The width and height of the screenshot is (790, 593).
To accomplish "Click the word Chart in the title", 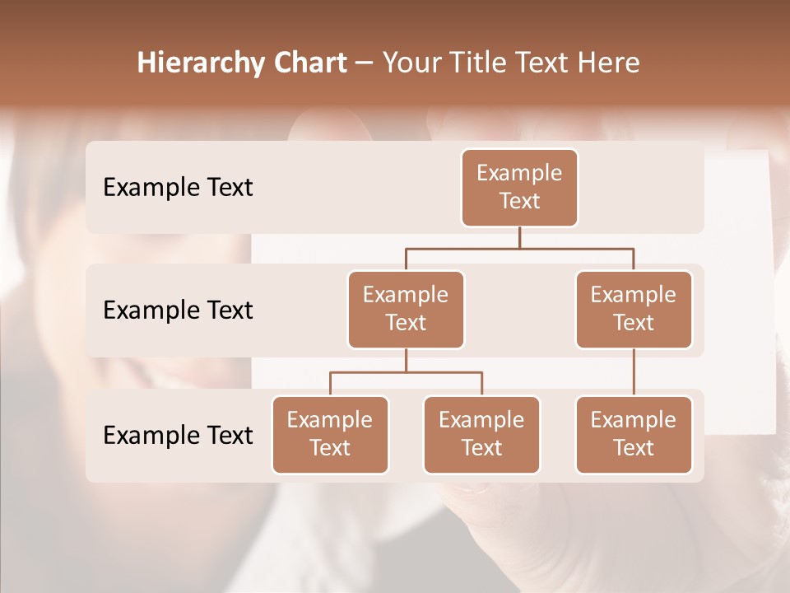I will (x=307, y=63).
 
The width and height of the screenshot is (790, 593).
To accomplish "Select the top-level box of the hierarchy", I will (x=519, y=187).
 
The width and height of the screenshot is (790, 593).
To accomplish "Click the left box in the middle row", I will (x=406, y=309).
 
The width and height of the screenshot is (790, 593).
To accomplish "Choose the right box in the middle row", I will (x=634, y=309).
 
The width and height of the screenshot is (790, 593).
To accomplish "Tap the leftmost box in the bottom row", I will (x=330, y=434).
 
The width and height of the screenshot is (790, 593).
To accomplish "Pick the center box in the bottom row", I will (x=481, y=434).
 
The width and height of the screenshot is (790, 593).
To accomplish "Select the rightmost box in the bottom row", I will (x=634, y=434).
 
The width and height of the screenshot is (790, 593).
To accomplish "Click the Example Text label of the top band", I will (x=178, y=188).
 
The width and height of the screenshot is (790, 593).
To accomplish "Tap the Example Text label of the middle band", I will (x=178, y=311).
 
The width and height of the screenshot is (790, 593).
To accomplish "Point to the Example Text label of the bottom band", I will (x=178, y=435).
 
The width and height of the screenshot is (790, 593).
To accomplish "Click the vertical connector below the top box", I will (x=519, y=237).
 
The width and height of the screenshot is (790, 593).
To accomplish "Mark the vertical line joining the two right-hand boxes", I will (x=634, y=372).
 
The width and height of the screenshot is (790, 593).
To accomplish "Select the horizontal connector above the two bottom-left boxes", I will (x=406, y=372).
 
